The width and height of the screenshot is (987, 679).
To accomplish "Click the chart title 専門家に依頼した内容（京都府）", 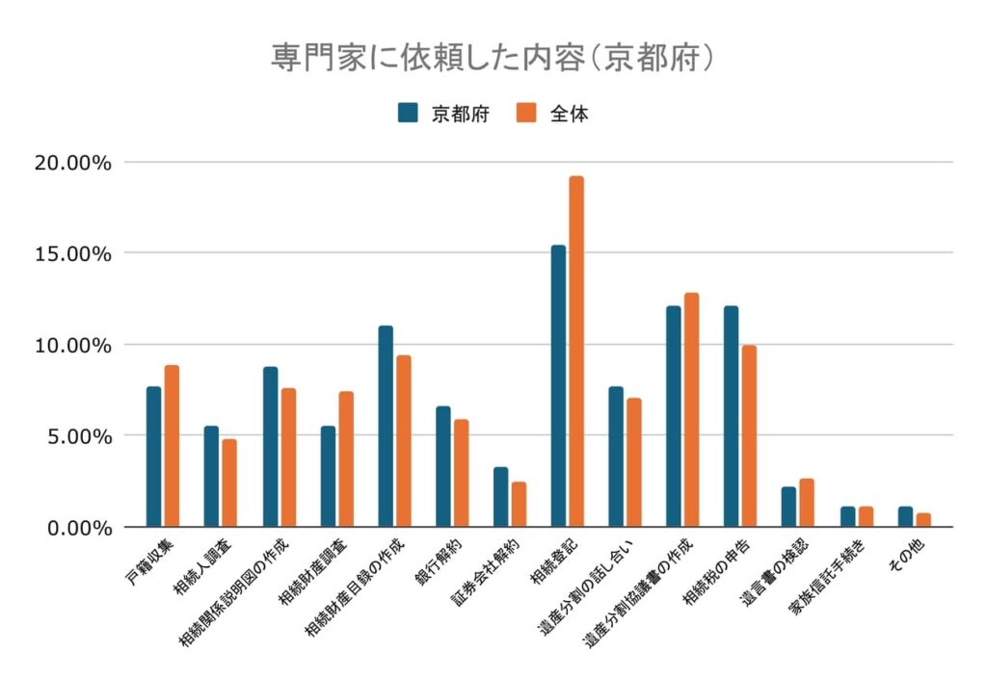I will point(493,56).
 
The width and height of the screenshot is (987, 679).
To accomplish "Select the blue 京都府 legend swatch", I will point(408,114).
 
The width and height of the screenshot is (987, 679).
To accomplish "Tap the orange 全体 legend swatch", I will point(525,114).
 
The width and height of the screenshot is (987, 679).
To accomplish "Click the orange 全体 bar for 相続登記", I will point(576,352).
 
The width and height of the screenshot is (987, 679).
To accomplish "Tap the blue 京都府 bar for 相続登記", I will point(559,386).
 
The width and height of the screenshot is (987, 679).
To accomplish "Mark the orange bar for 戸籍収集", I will point(172,446).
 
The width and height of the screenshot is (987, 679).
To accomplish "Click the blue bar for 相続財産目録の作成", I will point(386,426).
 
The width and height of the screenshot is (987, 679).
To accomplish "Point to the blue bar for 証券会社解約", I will point(501,497).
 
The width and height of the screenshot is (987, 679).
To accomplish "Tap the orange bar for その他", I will point(923,520).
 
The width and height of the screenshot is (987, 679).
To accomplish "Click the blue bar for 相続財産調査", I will point(328,476).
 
